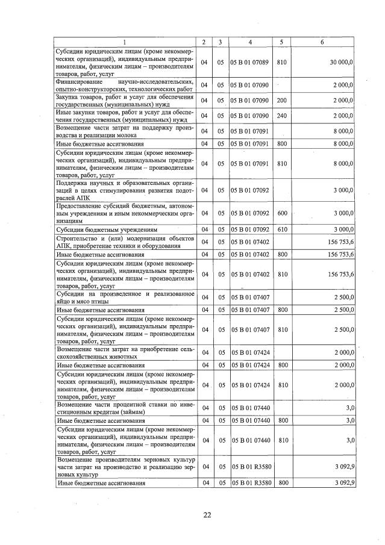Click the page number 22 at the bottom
pos(207,514)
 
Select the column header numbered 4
pos(250,42)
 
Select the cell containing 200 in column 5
pos(281,99)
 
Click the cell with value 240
pos(281,115)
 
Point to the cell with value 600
pos(281,213)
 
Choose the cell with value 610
pos(281,229)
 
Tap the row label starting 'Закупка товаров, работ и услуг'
pos(125,99)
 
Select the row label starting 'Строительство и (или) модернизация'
pos(125,242)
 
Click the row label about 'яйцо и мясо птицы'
pos(125,297)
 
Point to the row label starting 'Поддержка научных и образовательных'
pos(125,190)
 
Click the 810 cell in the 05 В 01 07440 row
pos(281,440)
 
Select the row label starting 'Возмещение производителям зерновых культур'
pos(125,466)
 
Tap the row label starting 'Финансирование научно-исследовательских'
pos(125,84)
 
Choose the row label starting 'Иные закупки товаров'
pos(125,115)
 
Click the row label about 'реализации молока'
pos(125,131)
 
